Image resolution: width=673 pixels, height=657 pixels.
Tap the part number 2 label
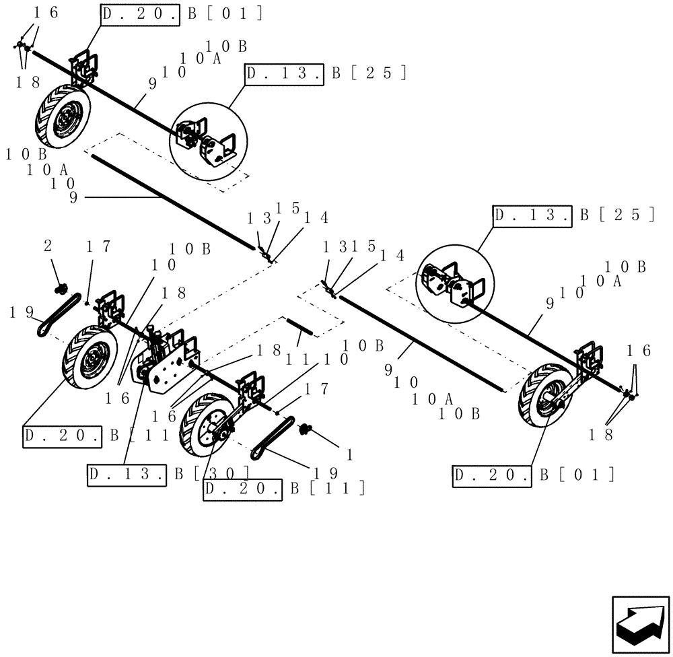pyautogui.click(x=48, y=247)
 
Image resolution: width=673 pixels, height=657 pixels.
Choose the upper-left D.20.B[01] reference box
pyautogui.click(x=140, y=14)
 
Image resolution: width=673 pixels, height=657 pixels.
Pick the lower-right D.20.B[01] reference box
pyautogui.click(x=493, y=475)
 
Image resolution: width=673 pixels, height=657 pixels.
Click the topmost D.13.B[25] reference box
pyautogui.click(x=286, y=74)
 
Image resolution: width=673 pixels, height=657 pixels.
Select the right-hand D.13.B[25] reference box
pyautogui.click(x=532, y=215)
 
